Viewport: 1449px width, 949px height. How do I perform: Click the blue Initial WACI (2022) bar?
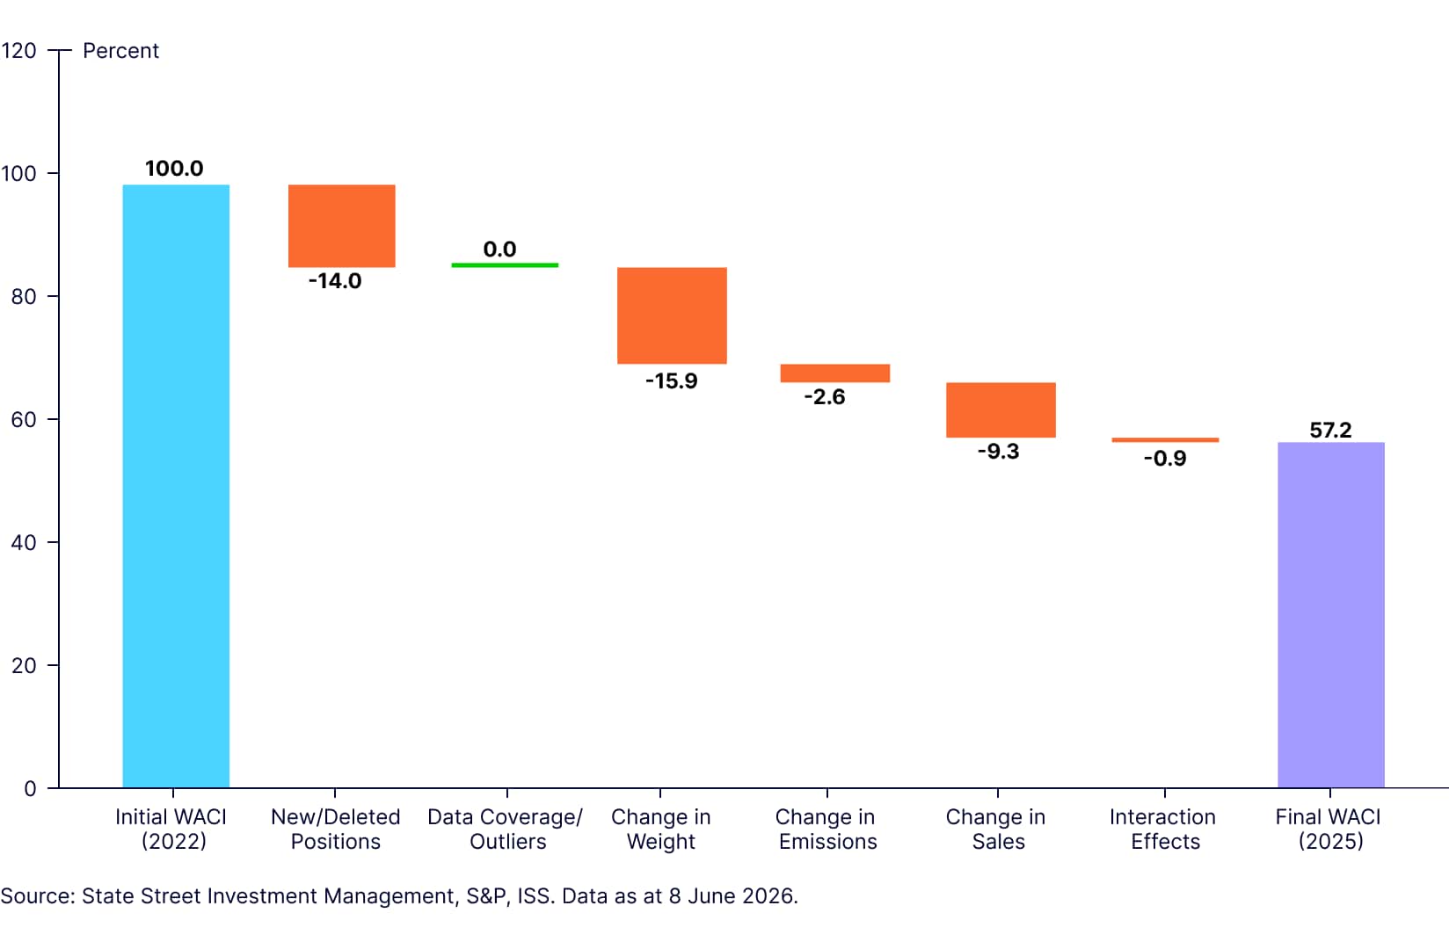click(x=176, y=486)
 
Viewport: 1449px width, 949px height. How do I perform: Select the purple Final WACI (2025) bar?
click(x=1331, y=615)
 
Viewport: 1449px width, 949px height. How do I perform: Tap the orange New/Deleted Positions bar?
click(x=341, y=226)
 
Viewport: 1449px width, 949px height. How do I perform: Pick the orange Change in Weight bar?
click(x=672, y=315)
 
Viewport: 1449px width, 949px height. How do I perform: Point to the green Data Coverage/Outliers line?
click(x=505, y=265)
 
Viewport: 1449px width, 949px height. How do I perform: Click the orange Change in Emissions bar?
click(x=835, y=373)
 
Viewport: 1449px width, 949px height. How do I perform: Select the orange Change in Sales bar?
click(x=1001, y=409)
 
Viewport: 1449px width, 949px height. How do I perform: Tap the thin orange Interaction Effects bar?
click(x=1165, y=440)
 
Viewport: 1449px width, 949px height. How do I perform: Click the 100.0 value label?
click(x=174, y=169)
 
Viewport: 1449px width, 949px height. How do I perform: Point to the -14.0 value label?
click(x=335, y=281)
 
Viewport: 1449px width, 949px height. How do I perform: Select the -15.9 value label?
click(x=672, y=380)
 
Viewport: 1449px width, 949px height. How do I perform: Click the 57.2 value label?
click(x=1330, y=430)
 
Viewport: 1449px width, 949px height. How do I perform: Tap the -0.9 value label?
click(x=1165, y=459)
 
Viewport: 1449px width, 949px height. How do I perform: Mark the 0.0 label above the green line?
click(x=499, y=249)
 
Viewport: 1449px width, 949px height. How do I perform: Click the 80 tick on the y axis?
click(x=23, y=297)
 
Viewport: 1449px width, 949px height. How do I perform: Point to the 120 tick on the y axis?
click(x=18, y=50)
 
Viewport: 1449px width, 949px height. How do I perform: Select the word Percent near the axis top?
click(x=120, y=50)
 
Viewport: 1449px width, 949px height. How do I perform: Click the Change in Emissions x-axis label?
click(x=826, y=829)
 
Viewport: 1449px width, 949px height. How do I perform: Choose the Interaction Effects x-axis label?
click(x=1163, y=829)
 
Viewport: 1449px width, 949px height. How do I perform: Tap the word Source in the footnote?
click(x=38, y=896)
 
